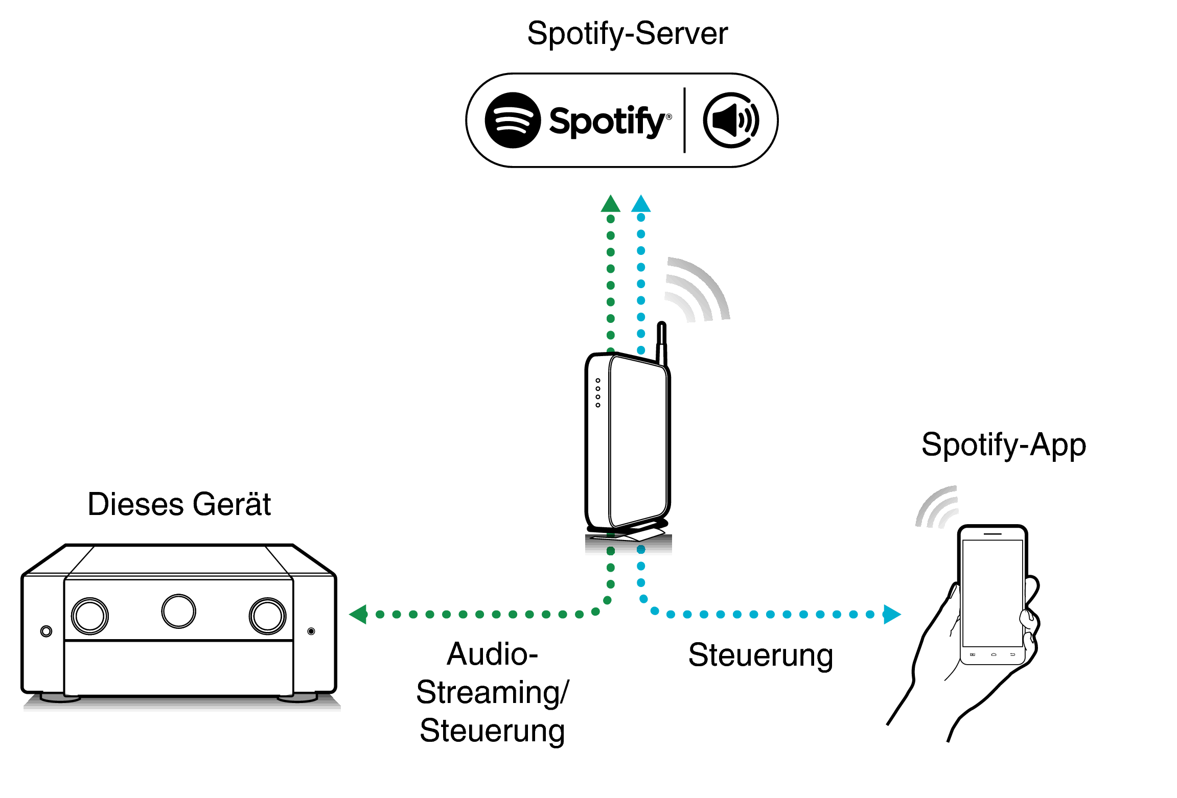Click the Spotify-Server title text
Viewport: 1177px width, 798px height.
pyautogui.click(x=627, y=34)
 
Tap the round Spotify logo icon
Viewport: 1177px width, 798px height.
pyautogui.click(x=513, y=121)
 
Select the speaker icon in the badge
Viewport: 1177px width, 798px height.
pyautogui.click(x=731, y=121)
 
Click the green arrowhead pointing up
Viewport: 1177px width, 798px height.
pyautogui.click(x=610, y=204)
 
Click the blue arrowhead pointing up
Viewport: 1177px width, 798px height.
pyautogui.click(x=641, y=204)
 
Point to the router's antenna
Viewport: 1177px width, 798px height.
pyautogui.click(x=661, y=342)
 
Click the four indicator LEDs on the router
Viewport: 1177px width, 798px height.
pyautogui.click(x=598, y=393)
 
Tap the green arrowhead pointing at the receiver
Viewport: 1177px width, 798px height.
pyautogui.click(x=359, y=614)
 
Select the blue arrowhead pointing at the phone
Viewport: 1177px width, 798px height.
pyautogui.click(x=891, y=614)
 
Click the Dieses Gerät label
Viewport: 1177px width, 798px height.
pyautogui.click(x=179, y=505)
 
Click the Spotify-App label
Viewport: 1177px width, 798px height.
pyautogui.click(x=1003, y=445)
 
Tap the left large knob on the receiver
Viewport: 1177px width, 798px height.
pyautogui.click(x=90, y=616)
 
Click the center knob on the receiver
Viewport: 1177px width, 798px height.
pyautogui.click(x=178, y=611)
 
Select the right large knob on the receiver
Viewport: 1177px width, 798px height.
pyautogui.click(x=267, y=616)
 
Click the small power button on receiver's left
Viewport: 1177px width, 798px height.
pyautogui.click(x=46, y=631)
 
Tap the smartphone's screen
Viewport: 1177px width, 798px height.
pyautogui.click(x=992, y=593)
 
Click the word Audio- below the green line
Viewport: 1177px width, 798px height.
pyautogui.click(x=492, y=654)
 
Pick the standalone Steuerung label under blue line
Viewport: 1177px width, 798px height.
pyautogui.click(x=760, y=655)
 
